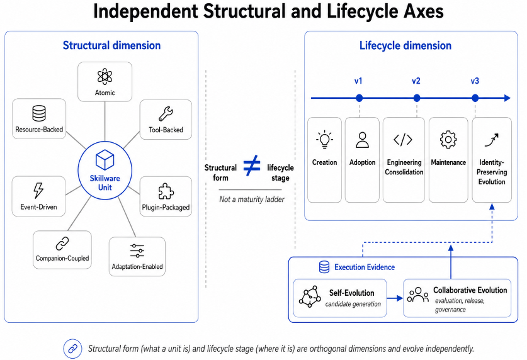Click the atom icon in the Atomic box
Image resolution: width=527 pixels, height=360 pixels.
(x=105, y=77)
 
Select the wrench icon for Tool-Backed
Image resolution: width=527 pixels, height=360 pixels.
(x=166, y=114)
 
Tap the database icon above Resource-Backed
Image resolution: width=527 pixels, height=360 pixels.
(x=39, y=113)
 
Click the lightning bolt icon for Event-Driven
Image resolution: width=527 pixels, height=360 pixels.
(x=38, y=190)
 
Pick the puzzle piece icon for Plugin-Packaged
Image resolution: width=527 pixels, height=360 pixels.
(x=166, y=191)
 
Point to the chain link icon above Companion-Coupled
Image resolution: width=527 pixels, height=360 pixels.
(x=62, y=244)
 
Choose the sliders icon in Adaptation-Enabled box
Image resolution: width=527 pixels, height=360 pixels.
(x=137, y=251)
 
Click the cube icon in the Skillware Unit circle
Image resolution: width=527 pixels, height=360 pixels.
(x=105, y=160)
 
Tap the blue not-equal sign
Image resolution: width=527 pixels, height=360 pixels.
(x=252, y=166)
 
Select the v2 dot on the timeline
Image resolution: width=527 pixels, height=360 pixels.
(x=417, y=98)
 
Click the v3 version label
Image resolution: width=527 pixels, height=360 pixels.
(x=475, y=81)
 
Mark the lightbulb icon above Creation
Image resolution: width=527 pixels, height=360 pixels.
(x=324, y=139)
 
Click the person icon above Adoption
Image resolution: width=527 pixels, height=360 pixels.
(x=362, y=140)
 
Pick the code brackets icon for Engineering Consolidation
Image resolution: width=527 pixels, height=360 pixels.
(x=403, y=139)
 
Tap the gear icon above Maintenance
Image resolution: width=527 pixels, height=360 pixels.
(x=448, y=139)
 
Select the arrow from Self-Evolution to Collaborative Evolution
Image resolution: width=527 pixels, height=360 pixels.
(x=395, y=298)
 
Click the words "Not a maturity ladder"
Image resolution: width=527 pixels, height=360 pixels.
(x=252, y=200)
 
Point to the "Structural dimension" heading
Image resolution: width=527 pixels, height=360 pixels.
(x=111, y=45)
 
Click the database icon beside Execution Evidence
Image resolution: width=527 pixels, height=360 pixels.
(x=324, y=267)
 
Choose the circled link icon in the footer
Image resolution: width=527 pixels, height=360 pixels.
(x=72, y=349)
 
